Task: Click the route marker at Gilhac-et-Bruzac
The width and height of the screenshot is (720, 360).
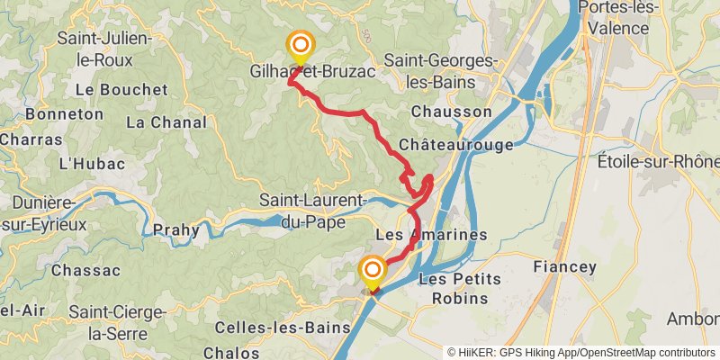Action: [300, 45]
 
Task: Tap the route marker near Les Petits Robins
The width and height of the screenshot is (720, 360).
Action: [372, 270]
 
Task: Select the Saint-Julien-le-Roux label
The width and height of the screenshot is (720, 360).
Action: [94, 49]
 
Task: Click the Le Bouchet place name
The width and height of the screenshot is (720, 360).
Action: [121, 90]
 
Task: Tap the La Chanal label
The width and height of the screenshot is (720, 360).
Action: [161, 121]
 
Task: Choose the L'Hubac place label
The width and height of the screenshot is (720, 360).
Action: [83, 164]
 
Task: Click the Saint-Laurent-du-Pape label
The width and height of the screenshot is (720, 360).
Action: [312, 209]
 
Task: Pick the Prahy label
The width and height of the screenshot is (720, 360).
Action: [176, 229]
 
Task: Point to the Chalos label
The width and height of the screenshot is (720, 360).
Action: [232, 352]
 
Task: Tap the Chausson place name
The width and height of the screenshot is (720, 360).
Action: [452, 112]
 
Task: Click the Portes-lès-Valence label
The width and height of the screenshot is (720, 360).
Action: [626, 18]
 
